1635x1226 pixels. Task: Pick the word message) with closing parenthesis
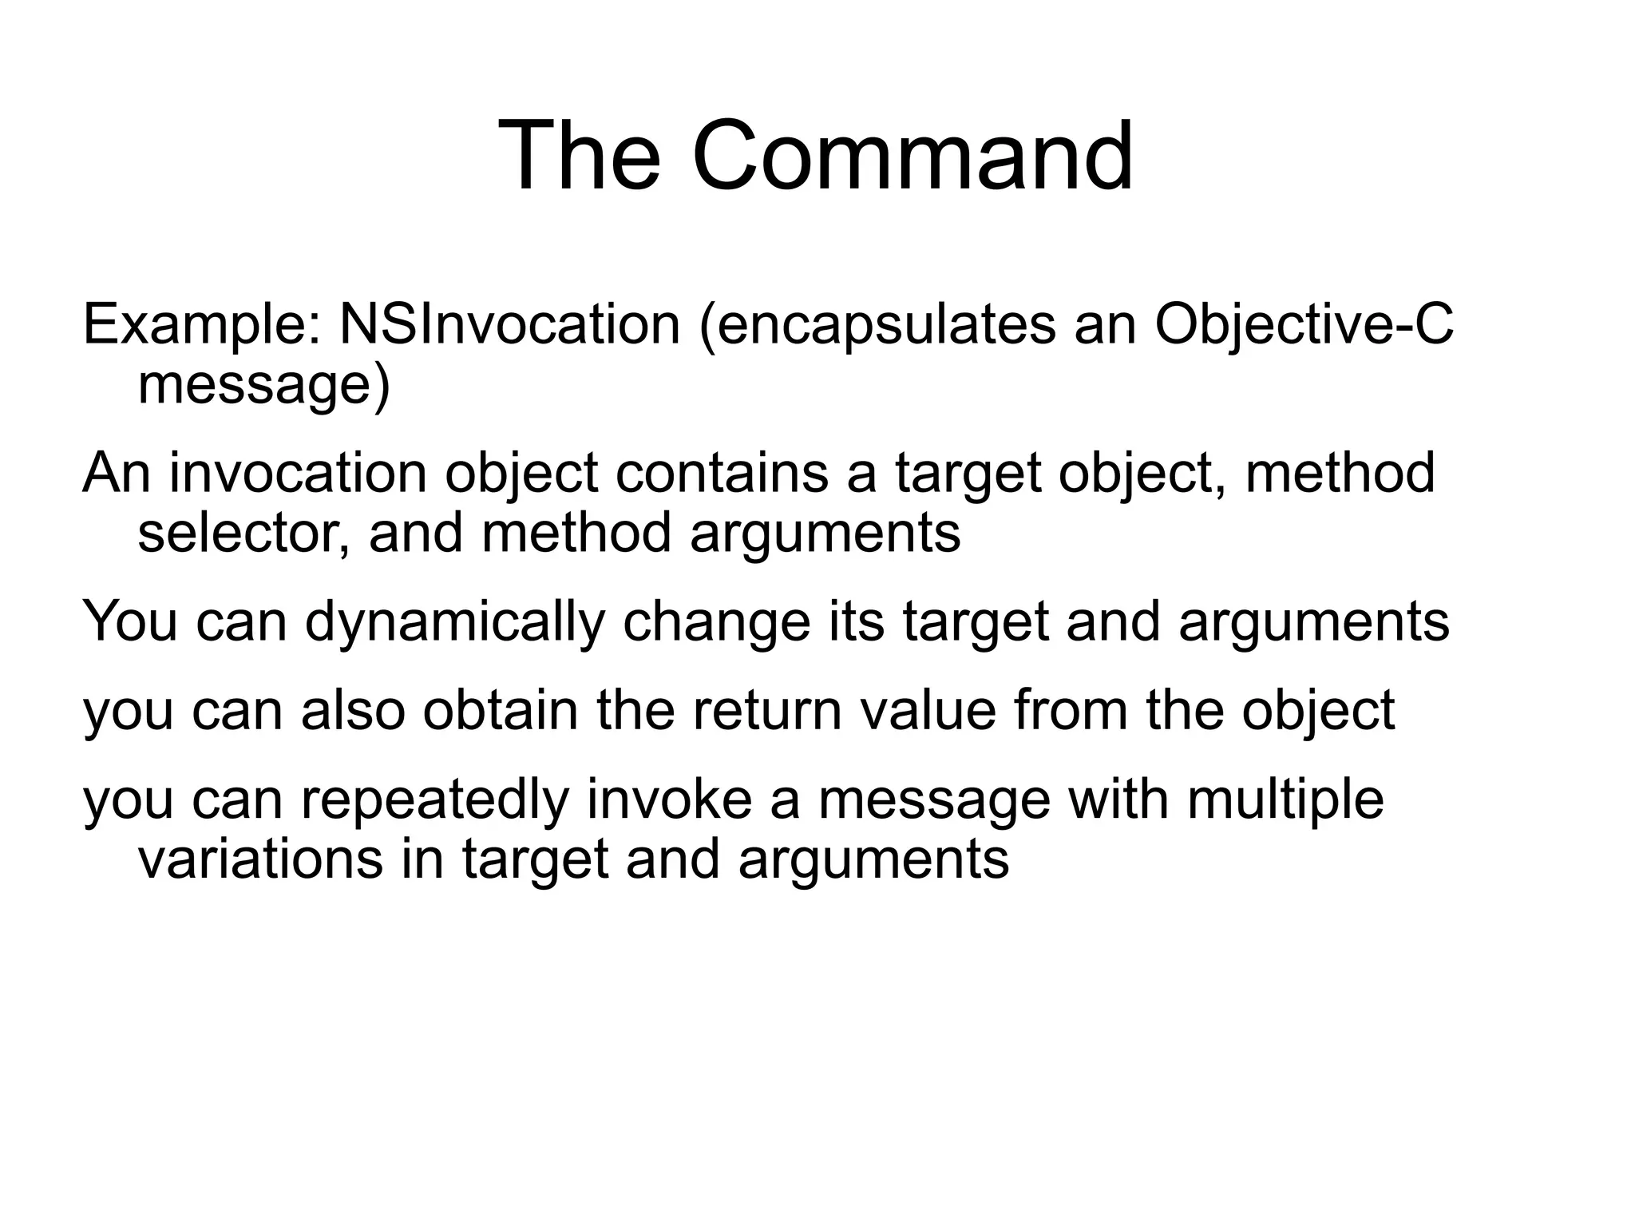[x=264, y=385]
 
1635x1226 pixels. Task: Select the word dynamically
[x=454, y=622]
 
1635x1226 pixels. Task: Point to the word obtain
[x=500, y=710]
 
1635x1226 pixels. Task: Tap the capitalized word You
[x=130, y=622]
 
